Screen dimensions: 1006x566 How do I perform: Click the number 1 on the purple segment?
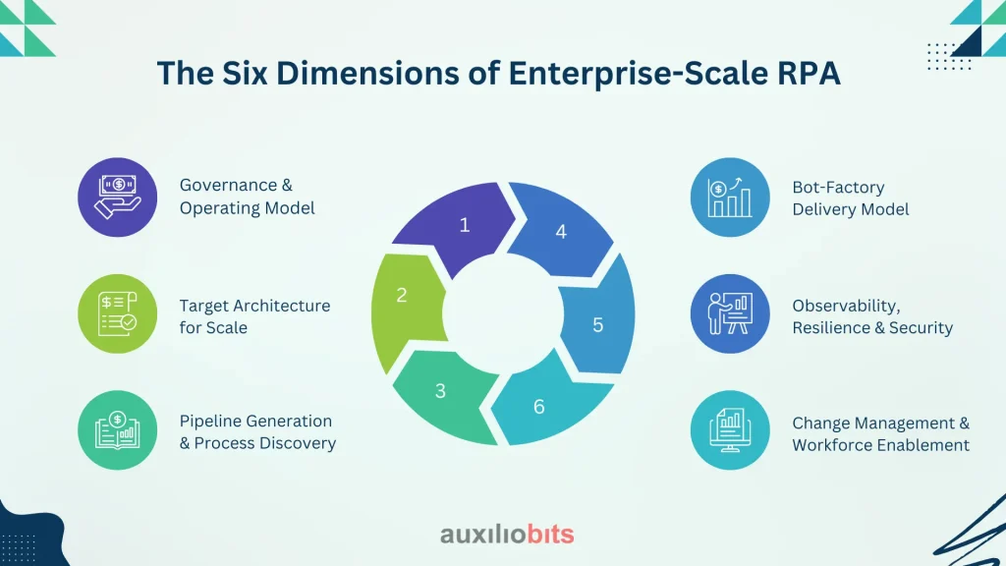[465, 225]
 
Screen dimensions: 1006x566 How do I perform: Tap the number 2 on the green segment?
[402, 295]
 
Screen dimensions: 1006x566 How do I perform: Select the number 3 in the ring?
[440, 391]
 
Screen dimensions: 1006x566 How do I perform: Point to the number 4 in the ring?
[561, 232]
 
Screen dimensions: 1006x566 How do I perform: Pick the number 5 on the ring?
[598, 325]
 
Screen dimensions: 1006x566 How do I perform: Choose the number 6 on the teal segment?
[539, 407]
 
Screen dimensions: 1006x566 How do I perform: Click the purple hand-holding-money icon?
[118, 197]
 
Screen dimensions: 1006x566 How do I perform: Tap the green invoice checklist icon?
[118, 313]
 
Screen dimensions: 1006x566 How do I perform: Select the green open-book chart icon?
[118, 430]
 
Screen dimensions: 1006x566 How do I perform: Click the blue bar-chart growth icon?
[730, 197]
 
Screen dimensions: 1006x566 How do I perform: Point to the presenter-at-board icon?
[730, 313]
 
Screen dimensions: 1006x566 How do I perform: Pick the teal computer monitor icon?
[730, 430]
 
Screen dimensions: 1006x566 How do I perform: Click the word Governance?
[229, 185]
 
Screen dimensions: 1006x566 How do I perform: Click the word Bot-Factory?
[838, 188]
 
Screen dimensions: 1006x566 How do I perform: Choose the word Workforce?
[832, 445]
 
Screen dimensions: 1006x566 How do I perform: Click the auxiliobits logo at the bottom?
[507, 534]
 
